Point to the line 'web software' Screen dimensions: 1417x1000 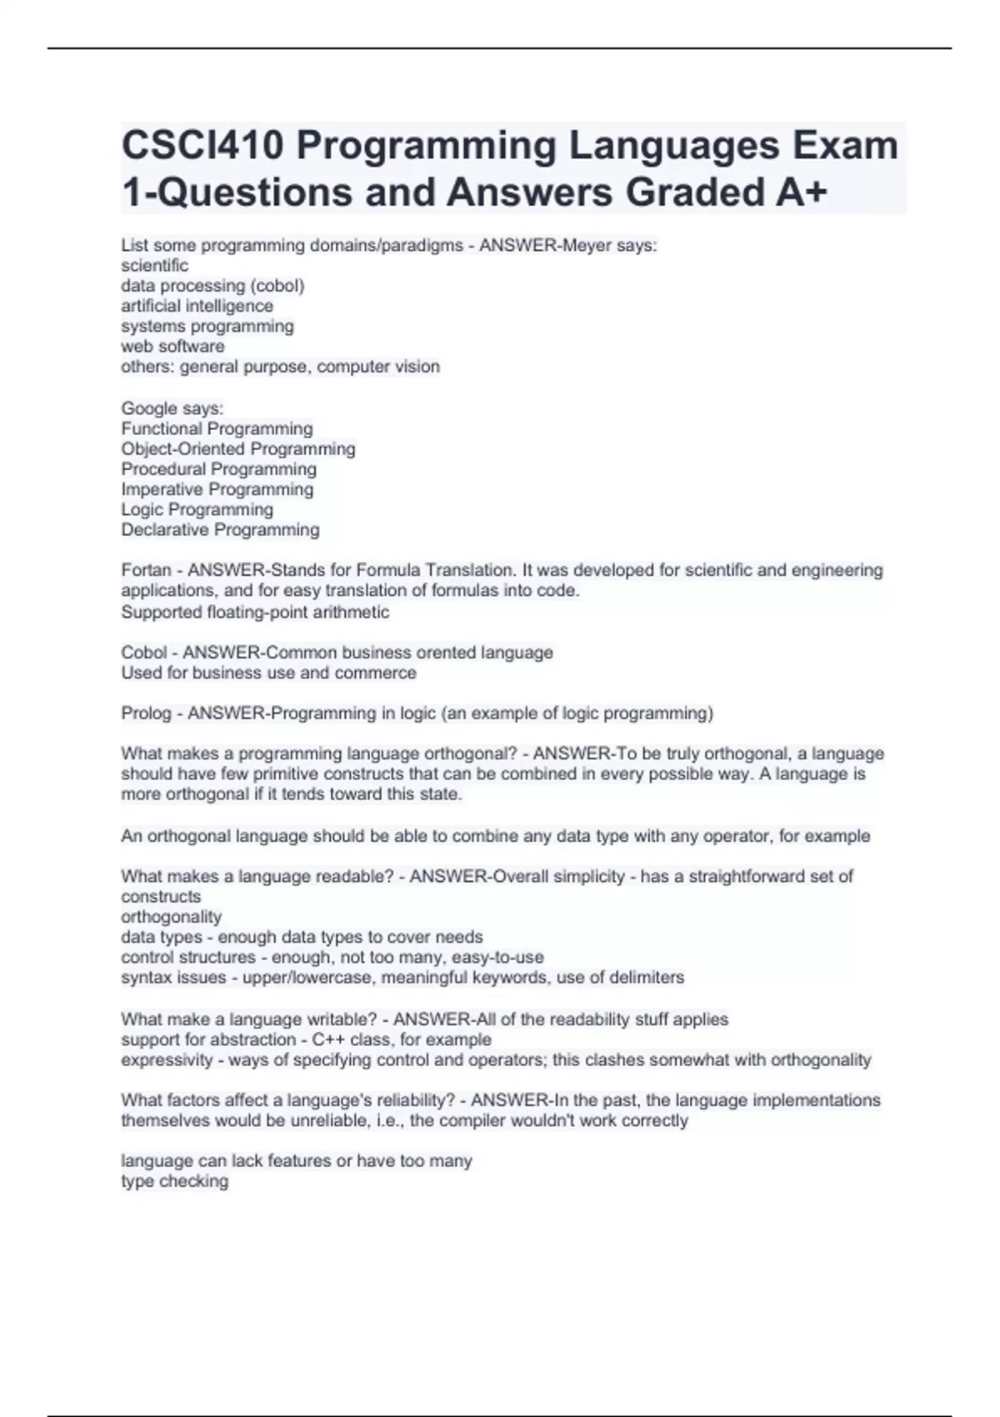coord(172,347)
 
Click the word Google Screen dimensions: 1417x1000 coord(148,408)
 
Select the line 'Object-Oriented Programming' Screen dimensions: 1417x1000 coord(237,449)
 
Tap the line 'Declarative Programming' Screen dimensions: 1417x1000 coord(220,530)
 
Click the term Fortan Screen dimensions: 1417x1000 coord(146,571)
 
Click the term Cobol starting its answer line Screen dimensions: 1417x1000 coord(143,653)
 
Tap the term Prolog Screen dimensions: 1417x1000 coord(146,714)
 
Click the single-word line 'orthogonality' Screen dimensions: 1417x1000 coord(171,917)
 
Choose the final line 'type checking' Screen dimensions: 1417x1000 coord(174,1181)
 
